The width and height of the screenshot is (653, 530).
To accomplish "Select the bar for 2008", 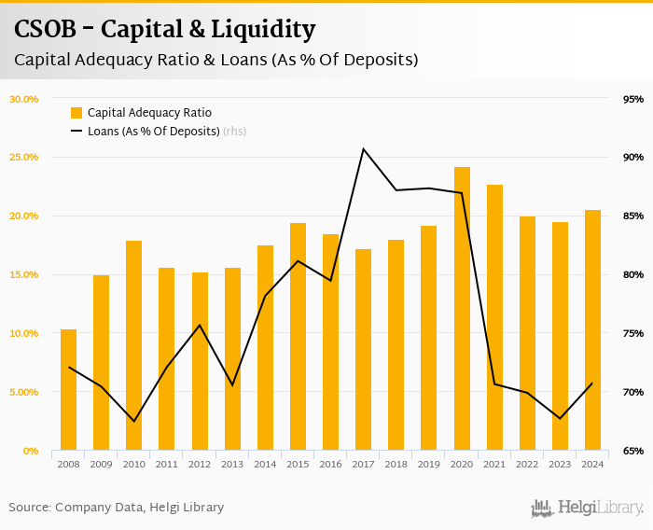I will click(68, 390).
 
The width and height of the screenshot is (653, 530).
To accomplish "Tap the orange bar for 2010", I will click(134, 345).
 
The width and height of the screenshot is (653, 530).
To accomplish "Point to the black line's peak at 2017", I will click(364, 149).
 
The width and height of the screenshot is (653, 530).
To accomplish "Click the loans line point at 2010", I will click(134, 421).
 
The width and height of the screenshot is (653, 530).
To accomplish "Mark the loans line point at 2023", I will click(561, 418).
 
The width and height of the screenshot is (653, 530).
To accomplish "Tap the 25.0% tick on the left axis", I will click(23, 158).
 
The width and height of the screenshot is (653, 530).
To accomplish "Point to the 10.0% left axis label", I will click(23, 334).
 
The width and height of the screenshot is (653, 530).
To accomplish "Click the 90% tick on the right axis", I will click(633, 158).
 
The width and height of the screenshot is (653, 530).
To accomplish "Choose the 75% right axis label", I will click(633, 334).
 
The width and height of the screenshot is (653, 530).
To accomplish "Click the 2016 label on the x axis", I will click(330, 464).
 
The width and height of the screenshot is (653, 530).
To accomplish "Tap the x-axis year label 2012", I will click(200, 464).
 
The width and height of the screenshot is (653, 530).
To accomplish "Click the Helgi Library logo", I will click(587, 509).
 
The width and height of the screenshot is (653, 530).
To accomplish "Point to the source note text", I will click(117, 508).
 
